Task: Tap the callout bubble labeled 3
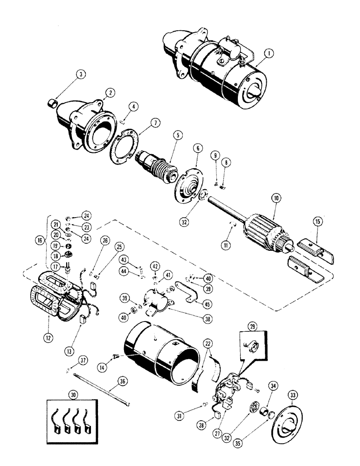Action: pyautogui.click(x=81, y=75)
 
